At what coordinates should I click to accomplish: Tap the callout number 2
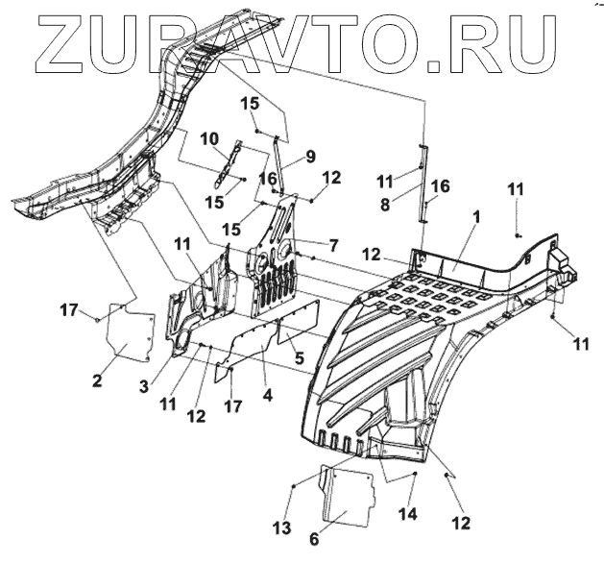coord(96,381)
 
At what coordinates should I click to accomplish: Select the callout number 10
coord(210,139)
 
